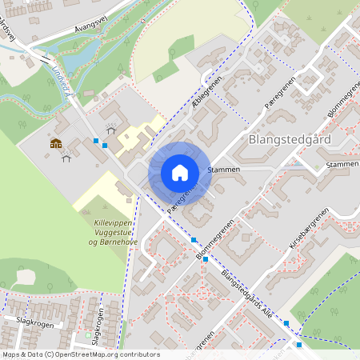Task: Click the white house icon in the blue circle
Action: [180, 172]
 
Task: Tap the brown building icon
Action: [56, 143]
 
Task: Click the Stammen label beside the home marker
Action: [223, 170]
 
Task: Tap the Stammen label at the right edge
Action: [342, 165]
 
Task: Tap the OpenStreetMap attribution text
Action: [80, 354]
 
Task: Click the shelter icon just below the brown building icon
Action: [66, 158]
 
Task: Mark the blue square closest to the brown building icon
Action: [96, 141]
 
